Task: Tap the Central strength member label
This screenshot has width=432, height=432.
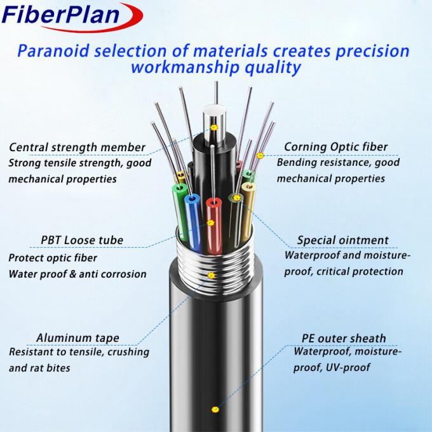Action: [x=77, y=147]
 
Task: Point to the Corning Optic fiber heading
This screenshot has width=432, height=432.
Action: [x=335, y=147]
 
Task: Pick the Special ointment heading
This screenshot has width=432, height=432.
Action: [x=342, y=240]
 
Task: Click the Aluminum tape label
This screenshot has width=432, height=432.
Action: [x=78, y=337]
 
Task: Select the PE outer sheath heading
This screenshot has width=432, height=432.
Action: [x=344, y=338]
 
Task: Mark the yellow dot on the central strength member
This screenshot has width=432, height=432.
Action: [x=214, y=128]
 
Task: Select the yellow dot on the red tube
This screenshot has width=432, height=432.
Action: [x=212, y=223]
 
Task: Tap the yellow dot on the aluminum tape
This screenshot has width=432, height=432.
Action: [x=212, y=276]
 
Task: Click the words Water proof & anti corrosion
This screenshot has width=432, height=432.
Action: [x=78, y=274]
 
